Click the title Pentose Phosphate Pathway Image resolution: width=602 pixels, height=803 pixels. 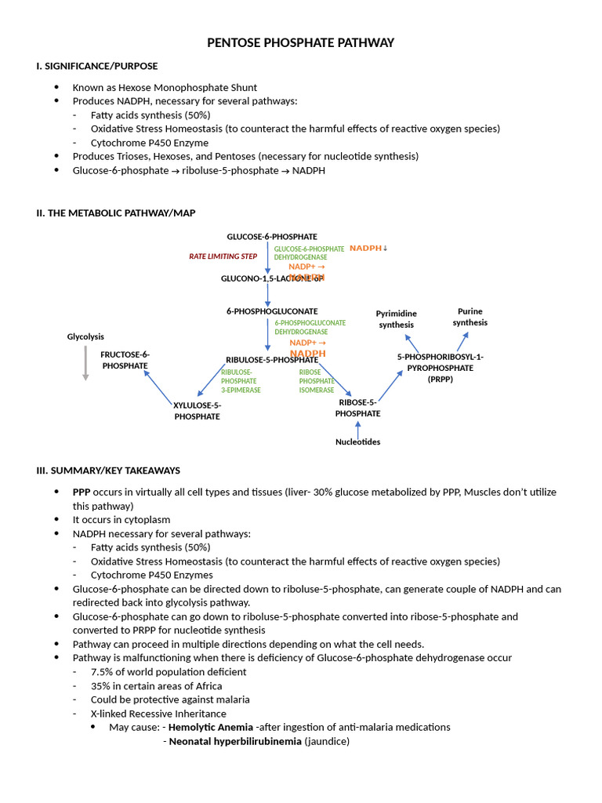300,42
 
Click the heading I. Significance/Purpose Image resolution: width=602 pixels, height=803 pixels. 96,66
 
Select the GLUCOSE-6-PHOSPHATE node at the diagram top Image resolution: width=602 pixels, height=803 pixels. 272,236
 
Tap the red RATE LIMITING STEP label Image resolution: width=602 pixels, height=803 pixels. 223,256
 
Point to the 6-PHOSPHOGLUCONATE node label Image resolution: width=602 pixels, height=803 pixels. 272,311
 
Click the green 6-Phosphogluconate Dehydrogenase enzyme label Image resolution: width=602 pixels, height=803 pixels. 310,327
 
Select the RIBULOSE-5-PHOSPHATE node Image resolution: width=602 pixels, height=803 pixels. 271,360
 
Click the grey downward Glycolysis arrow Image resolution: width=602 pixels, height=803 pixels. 85,364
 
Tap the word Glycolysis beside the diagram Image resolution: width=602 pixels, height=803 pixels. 85,336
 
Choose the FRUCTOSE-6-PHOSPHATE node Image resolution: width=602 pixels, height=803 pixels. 125,360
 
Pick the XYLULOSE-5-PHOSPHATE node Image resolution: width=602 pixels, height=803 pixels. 197,411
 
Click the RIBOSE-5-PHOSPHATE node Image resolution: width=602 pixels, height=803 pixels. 358,408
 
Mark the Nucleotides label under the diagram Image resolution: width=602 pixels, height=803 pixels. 357,441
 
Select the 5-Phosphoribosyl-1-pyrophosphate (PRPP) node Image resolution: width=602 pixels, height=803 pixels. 440,368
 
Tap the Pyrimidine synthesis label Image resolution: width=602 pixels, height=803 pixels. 396,319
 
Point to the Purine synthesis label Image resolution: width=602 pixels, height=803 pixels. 470,317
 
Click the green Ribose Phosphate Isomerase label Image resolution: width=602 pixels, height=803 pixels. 317,381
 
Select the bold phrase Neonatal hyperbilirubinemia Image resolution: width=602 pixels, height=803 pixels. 235,741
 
